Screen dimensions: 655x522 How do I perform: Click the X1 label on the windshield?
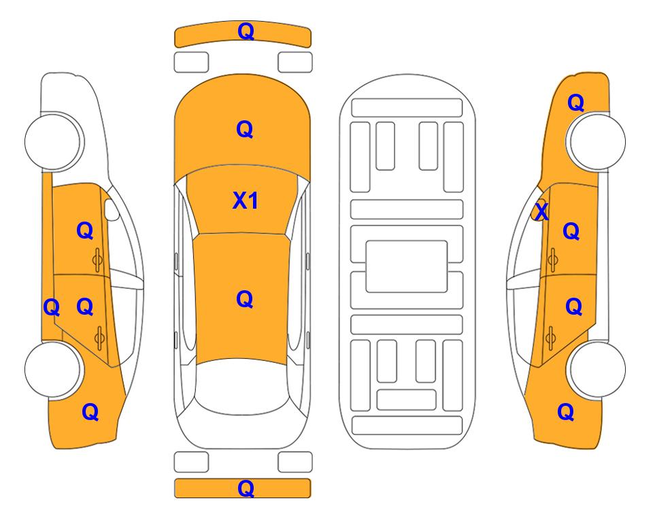click(x=246, y=201)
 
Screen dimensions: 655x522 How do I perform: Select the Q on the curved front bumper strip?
click(x=246, y=31)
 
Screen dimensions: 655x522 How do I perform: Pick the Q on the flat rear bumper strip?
click(x=246, y=488)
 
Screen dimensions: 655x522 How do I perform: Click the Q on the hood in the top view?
click(x=245, y=129)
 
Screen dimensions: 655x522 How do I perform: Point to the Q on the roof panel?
click(x=245, y=299)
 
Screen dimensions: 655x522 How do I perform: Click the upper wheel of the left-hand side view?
click(x=53, y=141)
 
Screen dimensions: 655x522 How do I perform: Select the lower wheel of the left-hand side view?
click(x=53, y=370)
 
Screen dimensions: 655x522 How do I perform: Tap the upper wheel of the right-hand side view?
click(x=597, y=141)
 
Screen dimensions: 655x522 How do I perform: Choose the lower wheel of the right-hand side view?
click(x=597, y=369)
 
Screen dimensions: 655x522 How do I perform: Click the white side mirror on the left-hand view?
click(x=112, y=209)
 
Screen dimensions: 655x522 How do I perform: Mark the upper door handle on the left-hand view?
click(x=97, y=260)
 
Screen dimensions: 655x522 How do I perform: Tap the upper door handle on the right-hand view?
click(x=552, y=260)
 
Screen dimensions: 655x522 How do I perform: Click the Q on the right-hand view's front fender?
click(x=575, y=103)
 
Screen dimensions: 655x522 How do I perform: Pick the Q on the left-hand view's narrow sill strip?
click(x=52, y=307)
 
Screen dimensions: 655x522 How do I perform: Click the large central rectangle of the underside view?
click(x=407, y=266)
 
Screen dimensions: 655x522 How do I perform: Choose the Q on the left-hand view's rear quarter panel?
click(x=90, y=412)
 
